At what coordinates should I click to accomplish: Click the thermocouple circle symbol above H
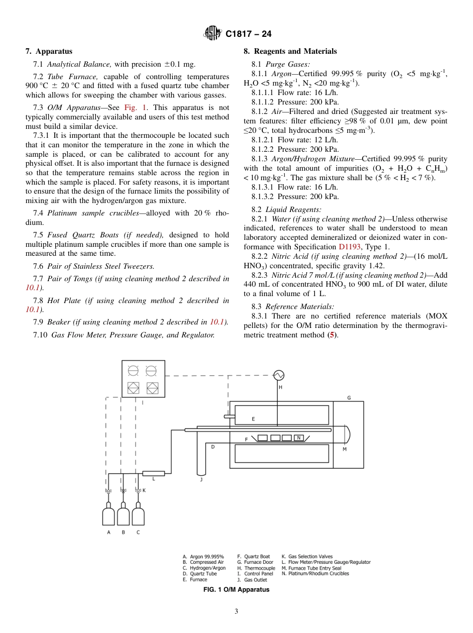(278, 374)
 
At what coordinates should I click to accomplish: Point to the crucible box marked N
(298, 438)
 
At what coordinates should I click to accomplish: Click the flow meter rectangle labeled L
(153, 473)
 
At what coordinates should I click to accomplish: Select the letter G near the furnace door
(349, 398)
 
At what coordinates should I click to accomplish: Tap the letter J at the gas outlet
(201, 480)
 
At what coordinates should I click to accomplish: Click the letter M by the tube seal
(345, 449)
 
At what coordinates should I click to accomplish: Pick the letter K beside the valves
(144, 490)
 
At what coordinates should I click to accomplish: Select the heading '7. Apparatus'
(49, 51)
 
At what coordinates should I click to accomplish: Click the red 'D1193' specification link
(351, 247)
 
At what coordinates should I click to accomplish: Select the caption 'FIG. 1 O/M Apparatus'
(236, 590)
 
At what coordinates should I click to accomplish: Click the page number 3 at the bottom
(236, 612)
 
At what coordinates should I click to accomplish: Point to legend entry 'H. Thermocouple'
(256, 568)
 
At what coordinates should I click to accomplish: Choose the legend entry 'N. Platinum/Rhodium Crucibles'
(315, 574)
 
